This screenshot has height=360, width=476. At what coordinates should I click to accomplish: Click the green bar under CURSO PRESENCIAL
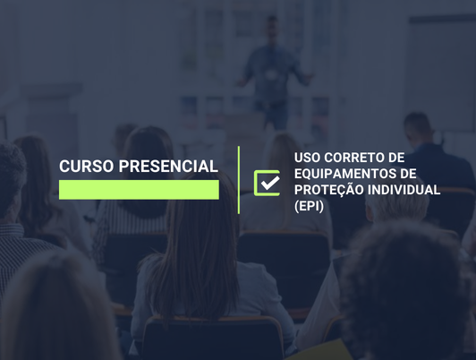click(x=139, y=190)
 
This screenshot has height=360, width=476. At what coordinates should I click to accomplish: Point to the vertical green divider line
click(x=239, y=180)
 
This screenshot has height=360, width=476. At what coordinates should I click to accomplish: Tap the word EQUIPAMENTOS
click(x=344, y=173)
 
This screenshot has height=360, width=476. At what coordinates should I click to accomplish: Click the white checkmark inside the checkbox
click(x=268, y=183)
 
